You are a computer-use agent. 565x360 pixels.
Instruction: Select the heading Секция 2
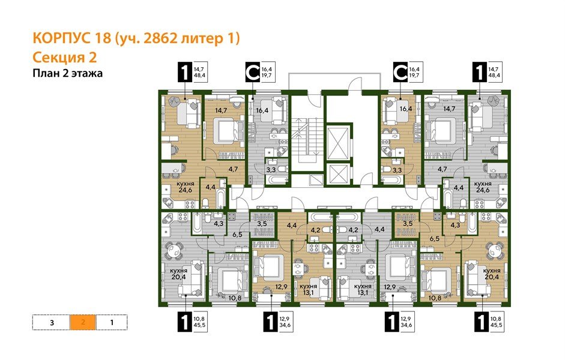(x=63, y=58)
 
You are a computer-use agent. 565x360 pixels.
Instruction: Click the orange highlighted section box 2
(x=83, y=322)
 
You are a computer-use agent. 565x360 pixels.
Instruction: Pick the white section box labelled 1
(x=112, y=322)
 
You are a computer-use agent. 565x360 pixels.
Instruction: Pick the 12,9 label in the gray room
(x=390, y=287)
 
